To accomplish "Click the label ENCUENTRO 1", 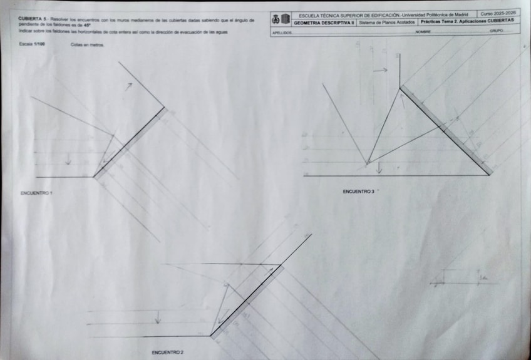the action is click(36, 193).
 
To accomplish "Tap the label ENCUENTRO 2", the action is click(167, 352).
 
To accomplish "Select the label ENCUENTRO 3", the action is click(359, 191).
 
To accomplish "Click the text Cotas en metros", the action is click(88, 45).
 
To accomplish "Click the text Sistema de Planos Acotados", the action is click(387, 22).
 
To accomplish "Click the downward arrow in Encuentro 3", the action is click(378, 168).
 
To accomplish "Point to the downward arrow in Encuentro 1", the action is click(68, 160).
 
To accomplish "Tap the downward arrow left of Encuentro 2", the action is click(158, 317).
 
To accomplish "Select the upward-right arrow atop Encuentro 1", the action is click(128, 86).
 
